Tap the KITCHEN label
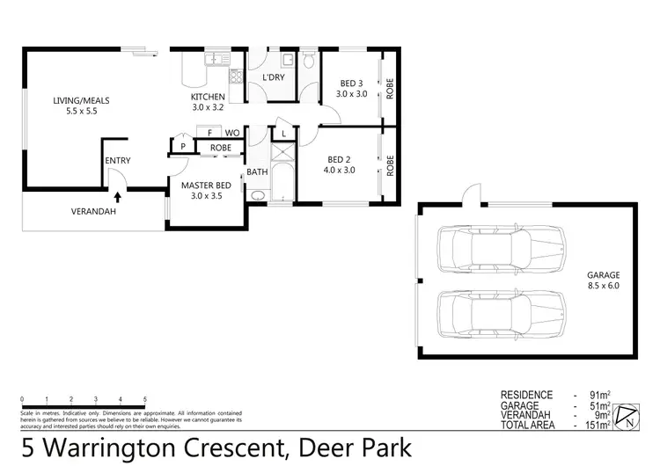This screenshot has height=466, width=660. point(209,97)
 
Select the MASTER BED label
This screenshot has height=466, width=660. point(206,186)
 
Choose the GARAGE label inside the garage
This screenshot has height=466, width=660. point(604,275)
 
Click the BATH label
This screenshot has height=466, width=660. point(257,172)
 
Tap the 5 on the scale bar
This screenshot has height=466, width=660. point(144,399)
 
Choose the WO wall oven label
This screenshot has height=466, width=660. point(233,133)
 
